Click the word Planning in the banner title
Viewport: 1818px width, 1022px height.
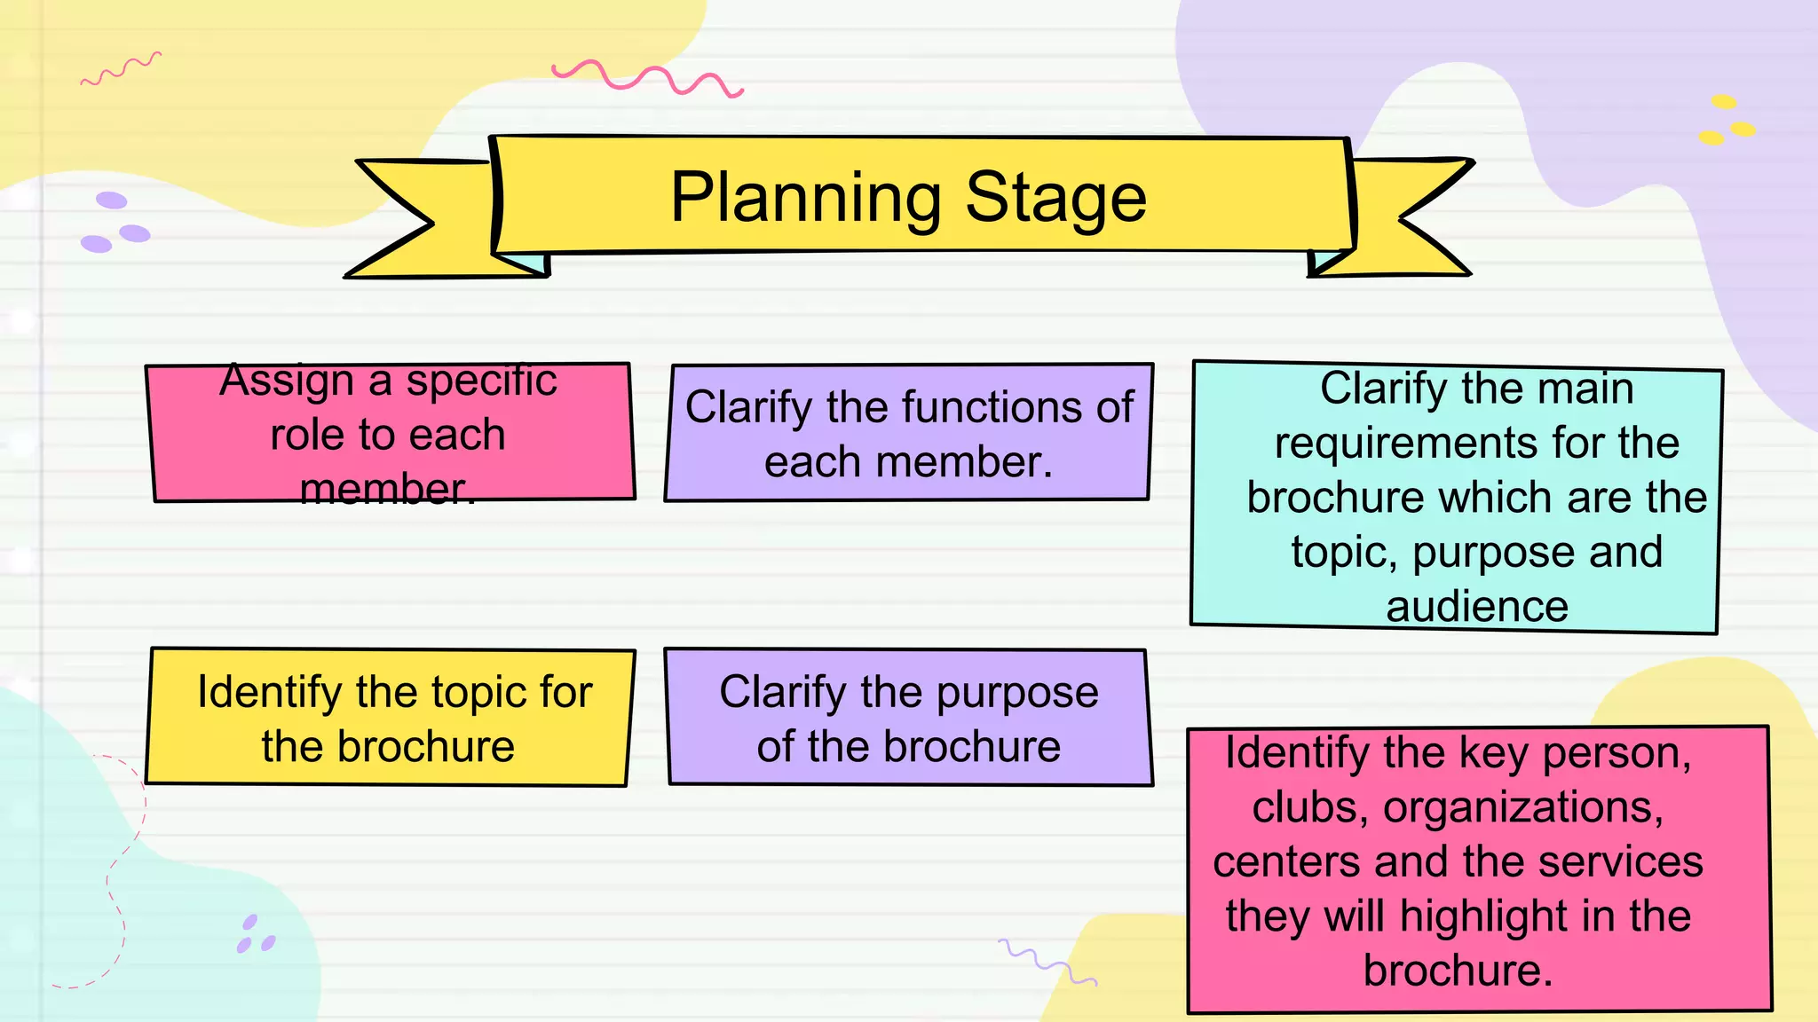coord(804,198)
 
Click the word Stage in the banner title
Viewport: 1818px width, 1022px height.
coord(1055,198)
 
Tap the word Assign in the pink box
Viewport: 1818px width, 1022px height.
coord(286,381)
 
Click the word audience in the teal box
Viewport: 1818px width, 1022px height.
coord(1477,608)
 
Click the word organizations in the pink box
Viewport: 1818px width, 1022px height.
coord(1523,808)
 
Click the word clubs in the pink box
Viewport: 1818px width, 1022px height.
coord(1303,808)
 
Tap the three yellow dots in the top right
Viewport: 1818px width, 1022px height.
coord(1726,121)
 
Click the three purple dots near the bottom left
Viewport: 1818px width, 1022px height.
coord(255,935)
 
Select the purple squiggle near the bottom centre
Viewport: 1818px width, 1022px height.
coord(1047,962)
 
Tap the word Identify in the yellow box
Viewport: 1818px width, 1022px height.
coord(268,692)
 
